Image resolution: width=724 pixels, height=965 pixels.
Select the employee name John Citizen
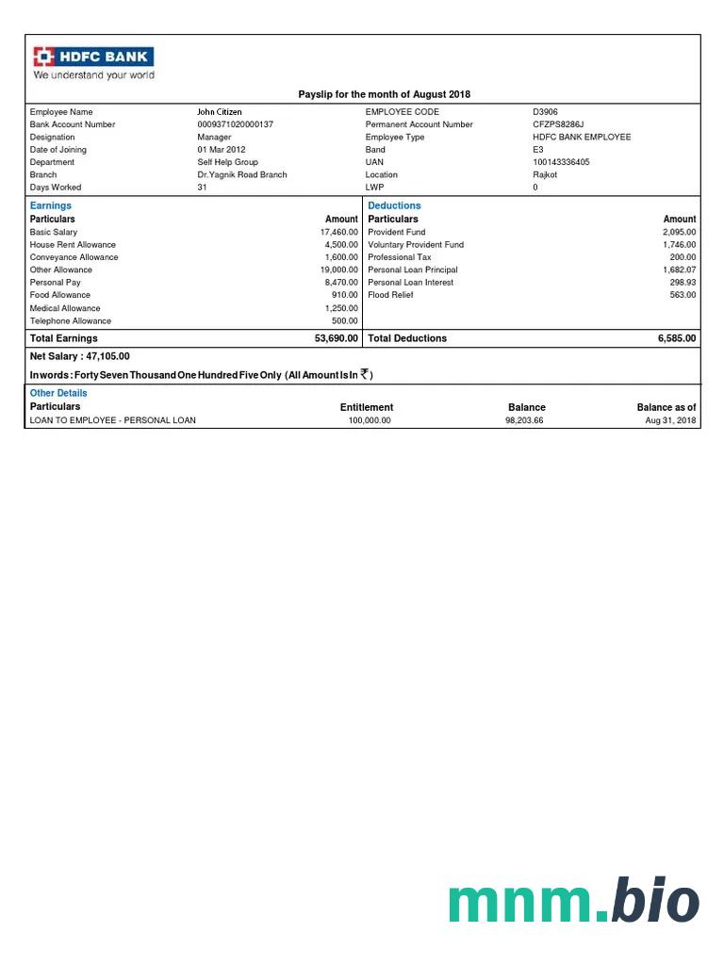(x=220, y=112)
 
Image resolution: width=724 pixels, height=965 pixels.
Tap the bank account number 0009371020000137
(x=236, y=124)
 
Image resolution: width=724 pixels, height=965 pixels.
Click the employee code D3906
(x=545, y=112)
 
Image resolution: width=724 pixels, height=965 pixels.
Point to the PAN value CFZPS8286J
(x=558, y=124)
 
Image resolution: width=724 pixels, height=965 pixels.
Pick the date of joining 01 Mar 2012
(x=222, y=150)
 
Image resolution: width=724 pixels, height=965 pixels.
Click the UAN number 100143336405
(x=561, y=162)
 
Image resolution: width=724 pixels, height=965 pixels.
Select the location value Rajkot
(x=545, y=174)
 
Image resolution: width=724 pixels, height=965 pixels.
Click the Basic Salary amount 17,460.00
(x=339, y=232)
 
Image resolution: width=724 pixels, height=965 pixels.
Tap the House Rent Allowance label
(x=73, y=245)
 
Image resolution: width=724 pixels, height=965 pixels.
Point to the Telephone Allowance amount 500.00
(x=345, y=321)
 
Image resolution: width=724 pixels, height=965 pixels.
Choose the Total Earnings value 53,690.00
(x=336, y=338)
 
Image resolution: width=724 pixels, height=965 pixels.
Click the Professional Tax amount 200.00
(x=683, y=257)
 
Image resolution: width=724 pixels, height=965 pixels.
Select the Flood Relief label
(x=390, y=295)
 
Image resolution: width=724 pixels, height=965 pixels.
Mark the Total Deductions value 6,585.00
(x=677, y=338)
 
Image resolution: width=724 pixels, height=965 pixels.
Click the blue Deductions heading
(x=394, y=205)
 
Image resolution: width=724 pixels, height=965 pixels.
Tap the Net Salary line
(x=80, y=356)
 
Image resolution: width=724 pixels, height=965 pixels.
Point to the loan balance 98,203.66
(x=524, y=420)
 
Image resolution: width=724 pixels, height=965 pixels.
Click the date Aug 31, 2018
(x=670, y=420)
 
